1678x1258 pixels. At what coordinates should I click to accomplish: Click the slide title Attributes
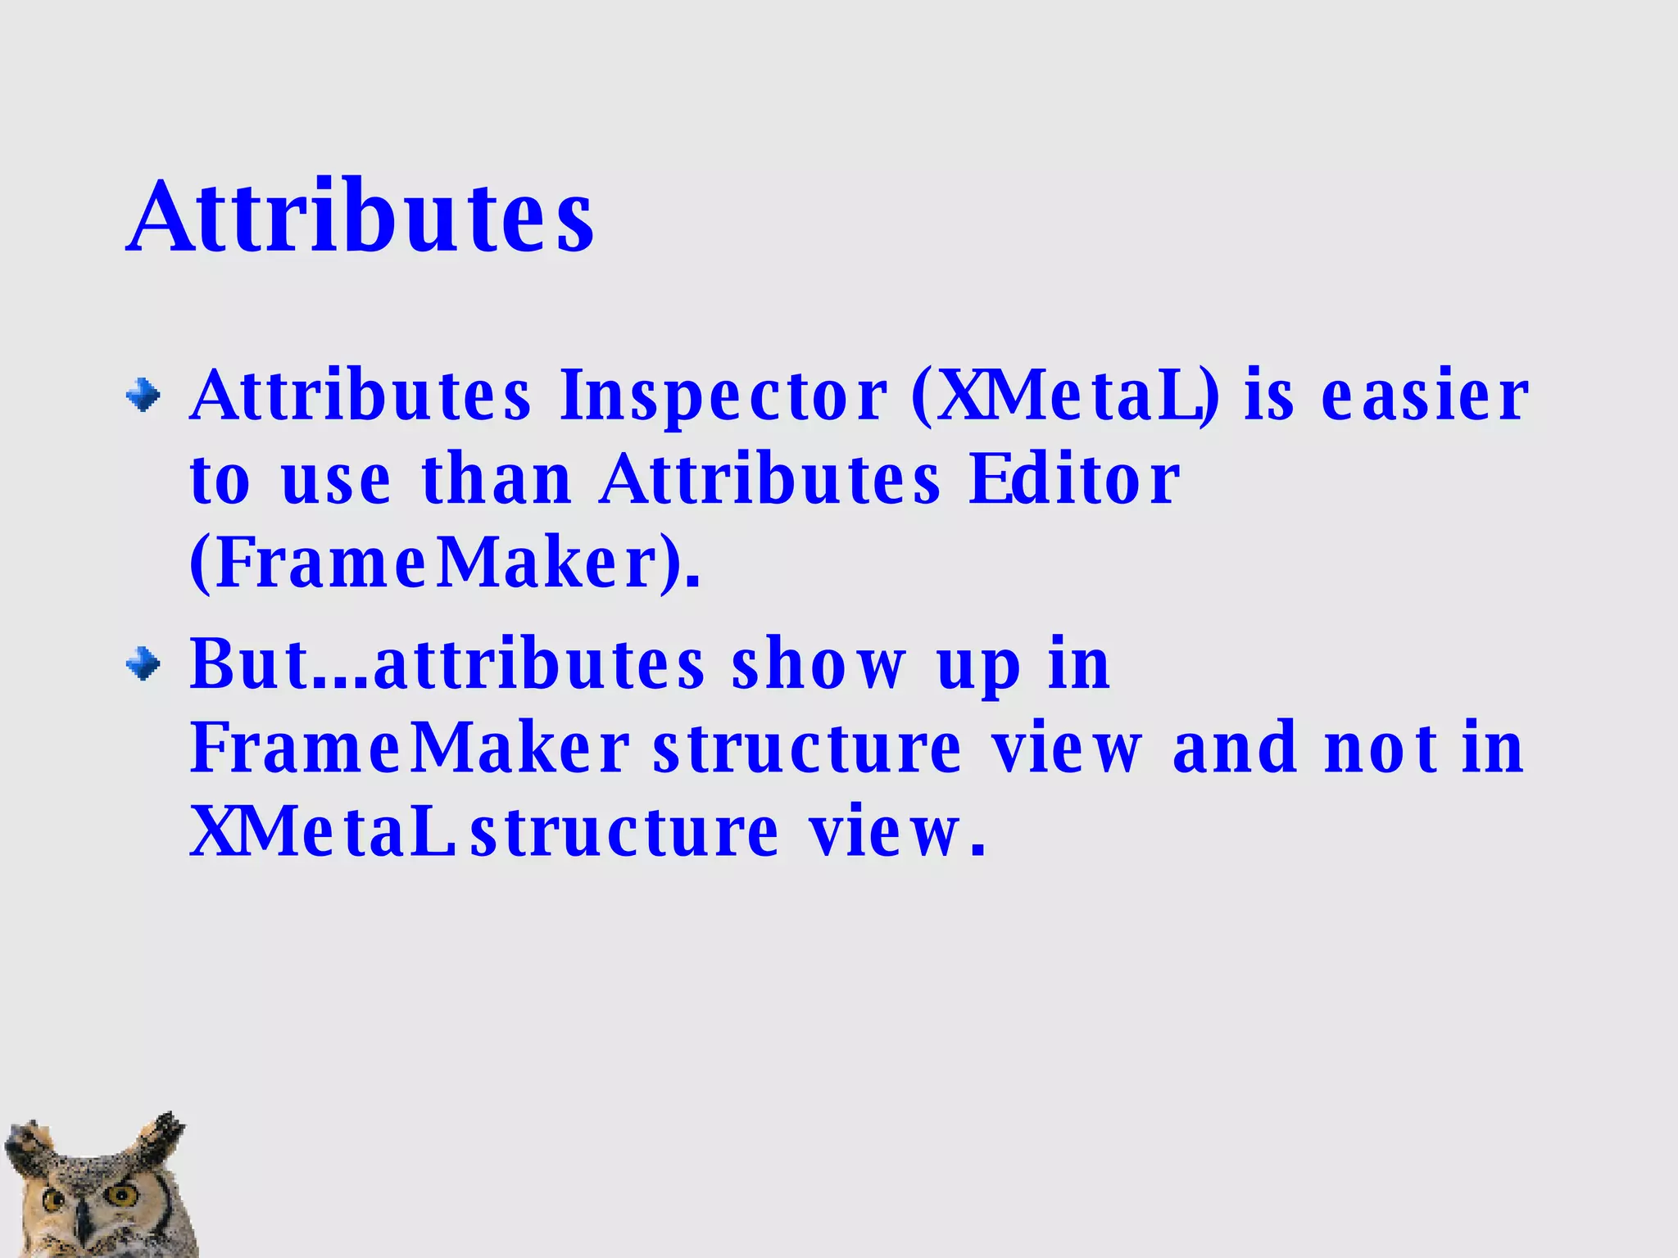pyautogui.click(x=361, y=217)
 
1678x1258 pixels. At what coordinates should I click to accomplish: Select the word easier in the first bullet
pyautogui.click(x=1425, y=396)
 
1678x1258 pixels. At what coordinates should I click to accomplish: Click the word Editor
pyautogui.click(x=1073, y=480)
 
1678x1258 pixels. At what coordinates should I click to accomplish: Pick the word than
pyautogui.click(x=497, y=480)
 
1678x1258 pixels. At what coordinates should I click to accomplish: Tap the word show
pyautogui.click(x=820, y=664)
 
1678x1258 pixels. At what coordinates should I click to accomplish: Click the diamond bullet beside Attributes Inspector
pyautogui.click(x=143, y=396)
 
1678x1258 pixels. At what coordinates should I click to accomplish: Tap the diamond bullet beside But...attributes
pyautogui.click(x=143, y=663)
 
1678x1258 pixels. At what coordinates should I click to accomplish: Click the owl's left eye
pyautogui.click(x=52, y=1201)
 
